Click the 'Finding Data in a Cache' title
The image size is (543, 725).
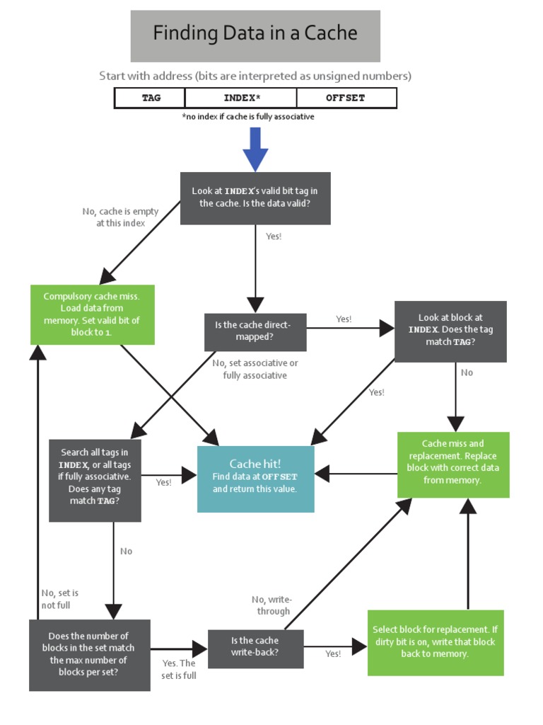point(255,34)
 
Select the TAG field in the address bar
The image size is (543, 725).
point(151,98)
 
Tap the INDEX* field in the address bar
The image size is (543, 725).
point(241,98)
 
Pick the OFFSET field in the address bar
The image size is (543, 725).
point(345,98)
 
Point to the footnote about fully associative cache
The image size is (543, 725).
point(247,117)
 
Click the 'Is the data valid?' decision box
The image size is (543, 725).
point(255,198)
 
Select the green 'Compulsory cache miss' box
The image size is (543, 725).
point(92,314)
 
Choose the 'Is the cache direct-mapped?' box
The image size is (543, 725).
point(255,331)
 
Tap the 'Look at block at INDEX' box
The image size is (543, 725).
point(450,331)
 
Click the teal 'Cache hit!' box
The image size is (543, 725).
point(255,479)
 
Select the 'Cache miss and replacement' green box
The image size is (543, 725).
point(453,464)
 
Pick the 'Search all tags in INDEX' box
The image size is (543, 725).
point(95,480)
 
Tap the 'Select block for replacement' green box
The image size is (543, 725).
point(435,642)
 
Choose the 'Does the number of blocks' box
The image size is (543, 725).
point(89,654)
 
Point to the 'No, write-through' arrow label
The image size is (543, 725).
point(271,605)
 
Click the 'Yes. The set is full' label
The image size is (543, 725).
point(179,669)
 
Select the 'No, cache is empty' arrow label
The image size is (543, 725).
point(120,217)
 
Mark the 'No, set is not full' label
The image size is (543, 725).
point(59,599)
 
